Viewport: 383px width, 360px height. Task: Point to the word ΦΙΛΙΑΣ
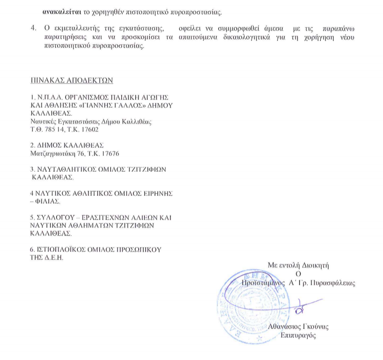pyautogui.click(x=45, y=201)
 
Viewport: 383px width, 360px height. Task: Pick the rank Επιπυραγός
pyautogui.click(x=298, y=335)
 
